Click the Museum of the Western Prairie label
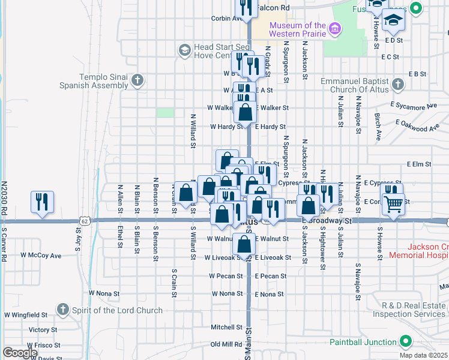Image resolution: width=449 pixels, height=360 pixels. (297, 29)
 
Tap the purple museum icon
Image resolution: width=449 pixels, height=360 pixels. (335, 27)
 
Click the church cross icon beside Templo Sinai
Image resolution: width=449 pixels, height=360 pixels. (138, 80)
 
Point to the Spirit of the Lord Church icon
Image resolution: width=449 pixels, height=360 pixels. (62, 310)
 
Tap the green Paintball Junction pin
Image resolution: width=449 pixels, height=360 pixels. (405, 341)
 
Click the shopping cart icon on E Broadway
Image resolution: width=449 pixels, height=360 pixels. (394, 204)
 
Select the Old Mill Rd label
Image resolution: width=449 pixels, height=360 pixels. (226, 344)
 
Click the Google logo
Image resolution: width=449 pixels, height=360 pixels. (19, 353)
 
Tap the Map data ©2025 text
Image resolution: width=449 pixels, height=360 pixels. (423, 355)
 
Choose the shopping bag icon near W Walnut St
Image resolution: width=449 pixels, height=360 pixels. (245, 245)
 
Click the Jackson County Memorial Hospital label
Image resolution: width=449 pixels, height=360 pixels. (427, 251)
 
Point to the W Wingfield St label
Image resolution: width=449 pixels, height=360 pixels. (26, 314)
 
